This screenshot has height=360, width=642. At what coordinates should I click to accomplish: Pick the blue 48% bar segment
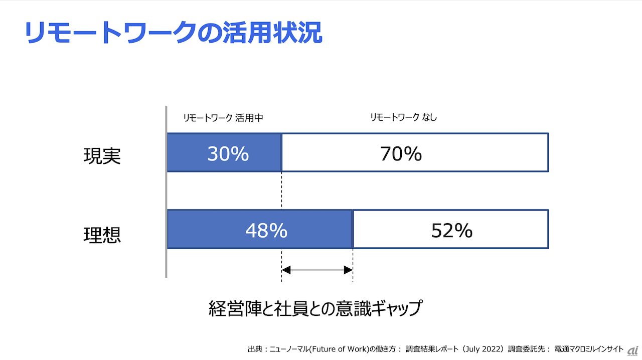click(x=211, y=230)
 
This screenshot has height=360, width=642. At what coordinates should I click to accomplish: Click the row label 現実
click(x=102, y=156)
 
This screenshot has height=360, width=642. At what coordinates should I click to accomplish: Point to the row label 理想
click(x=102, y=234)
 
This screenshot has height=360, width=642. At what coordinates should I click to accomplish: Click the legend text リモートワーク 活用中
click(x=223, y=118)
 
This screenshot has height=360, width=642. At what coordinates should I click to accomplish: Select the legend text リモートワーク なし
click(x=403, y=118)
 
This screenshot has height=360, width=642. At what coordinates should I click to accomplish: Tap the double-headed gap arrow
click(x=317, y=270)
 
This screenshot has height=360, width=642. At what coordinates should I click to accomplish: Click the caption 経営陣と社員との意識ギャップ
click(x=315, y=308)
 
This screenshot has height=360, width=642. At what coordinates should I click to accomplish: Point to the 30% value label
click(x=228, y=154)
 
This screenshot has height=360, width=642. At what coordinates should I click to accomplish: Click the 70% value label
click(x=401, y=154)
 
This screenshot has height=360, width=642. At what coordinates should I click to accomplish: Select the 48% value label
click(x=266, y=231)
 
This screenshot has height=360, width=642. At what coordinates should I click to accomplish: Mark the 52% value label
click(x=452, y=231)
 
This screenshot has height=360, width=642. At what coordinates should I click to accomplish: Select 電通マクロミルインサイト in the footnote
click(x=589, y=349)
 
